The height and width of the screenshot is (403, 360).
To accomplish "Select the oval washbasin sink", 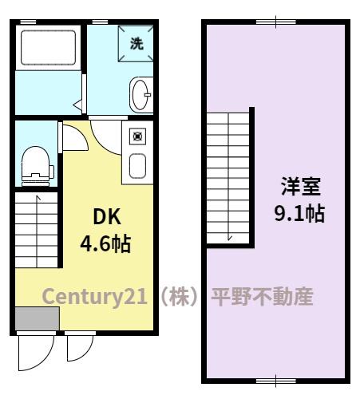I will coord(140,93).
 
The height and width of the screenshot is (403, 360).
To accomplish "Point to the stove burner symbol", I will coord(137,136).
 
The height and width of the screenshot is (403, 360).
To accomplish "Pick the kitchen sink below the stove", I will coord(137,165).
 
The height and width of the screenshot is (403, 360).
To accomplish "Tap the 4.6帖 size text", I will coord(105,243).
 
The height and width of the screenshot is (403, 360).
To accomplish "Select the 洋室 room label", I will coord(299,188).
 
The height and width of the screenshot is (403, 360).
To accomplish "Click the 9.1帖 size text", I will coord(299,214).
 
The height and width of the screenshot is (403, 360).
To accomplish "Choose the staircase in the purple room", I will coord(228,177).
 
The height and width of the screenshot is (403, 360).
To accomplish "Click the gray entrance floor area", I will coord(36,318).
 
